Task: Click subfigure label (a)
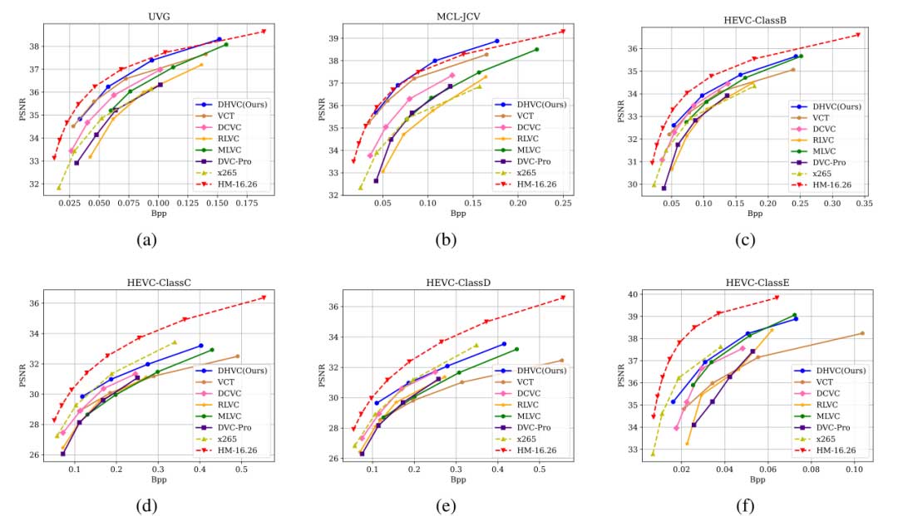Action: click(x=147, y=241)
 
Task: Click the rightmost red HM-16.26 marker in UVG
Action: click(x=264, y=32)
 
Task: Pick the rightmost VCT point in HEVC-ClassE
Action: click(x=862, y=333)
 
